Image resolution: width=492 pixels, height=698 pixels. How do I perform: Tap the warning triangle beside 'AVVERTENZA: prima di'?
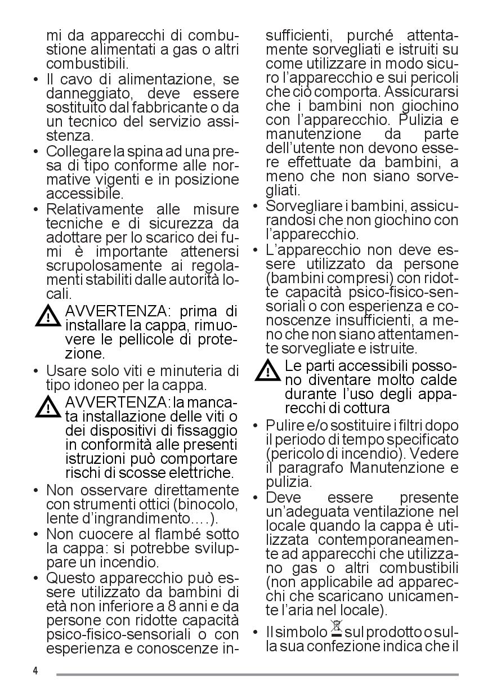coord(48,316)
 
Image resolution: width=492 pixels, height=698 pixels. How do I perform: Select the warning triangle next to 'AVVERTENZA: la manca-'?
coord(48,406)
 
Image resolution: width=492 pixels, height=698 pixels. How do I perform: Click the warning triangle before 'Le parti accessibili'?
coord(267,371)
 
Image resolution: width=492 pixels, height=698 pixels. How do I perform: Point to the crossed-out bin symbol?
coord(336,630)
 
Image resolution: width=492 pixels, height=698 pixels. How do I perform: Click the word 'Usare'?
coord(64,371)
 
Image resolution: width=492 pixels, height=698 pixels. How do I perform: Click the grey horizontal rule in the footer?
coord(257,674)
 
